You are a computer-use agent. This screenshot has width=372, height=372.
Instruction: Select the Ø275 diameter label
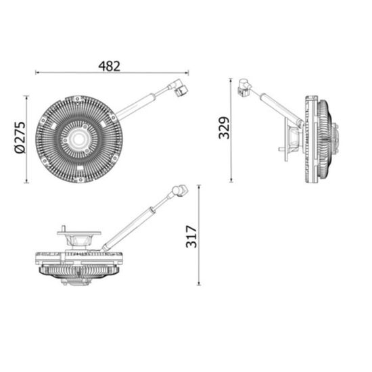point(20,139)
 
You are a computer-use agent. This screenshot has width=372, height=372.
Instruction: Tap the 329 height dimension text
point(225,126)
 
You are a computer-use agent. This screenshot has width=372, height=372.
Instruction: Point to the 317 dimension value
point(191,236)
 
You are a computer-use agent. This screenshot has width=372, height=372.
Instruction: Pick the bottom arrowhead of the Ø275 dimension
point(28,183)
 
